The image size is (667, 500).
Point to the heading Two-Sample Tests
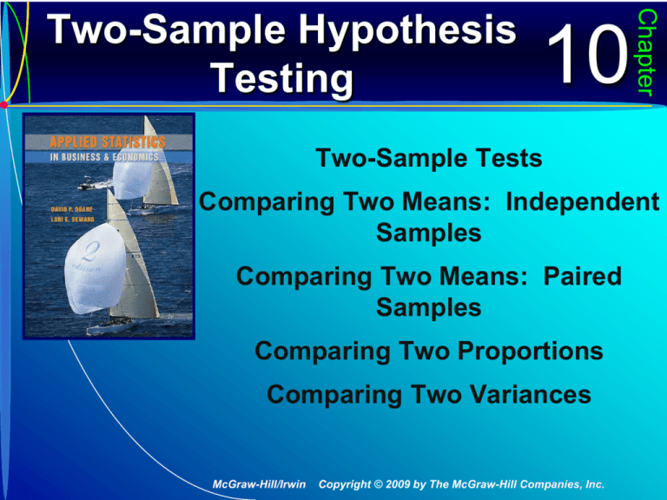(x=431, y=158)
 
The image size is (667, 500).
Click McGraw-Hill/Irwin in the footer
(x=259, y=482)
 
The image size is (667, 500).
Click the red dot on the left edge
(x=4, y=105)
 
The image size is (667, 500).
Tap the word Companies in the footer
(x=537, y=482)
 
